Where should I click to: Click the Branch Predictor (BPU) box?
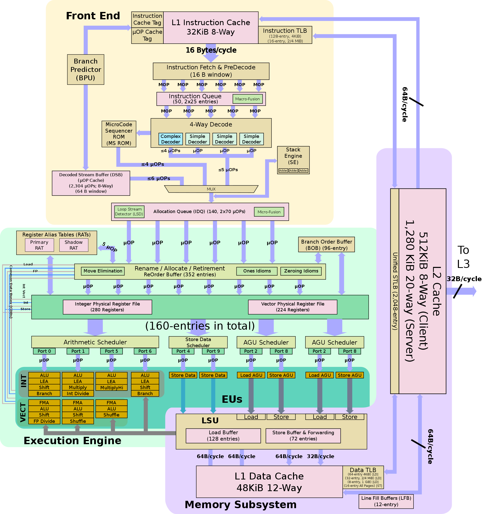click(85, 69)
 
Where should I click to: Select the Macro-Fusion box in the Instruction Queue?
click(247, 99)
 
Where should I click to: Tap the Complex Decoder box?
click(170, 139)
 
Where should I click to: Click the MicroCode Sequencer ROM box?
click(118, 134)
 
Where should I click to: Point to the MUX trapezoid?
click(211, 189)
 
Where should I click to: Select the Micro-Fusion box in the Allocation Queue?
click(269, 212)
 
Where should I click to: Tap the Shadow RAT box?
click(74, 245)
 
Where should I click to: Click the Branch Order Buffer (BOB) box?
click(326, 245)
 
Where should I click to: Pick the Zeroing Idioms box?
click(301, 271)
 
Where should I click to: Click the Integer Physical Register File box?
click(107, 307)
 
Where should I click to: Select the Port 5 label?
click(111, 351)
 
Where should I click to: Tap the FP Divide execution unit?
click(44, 421)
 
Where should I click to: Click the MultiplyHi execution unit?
click(111, 388)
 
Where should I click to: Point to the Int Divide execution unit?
click(78, 394)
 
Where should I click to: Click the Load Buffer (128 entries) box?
click(223, 436)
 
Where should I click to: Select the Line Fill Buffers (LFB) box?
click(386, 501)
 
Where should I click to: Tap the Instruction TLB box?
click(285, 35)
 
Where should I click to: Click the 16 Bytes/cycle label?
click(211, 50)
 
